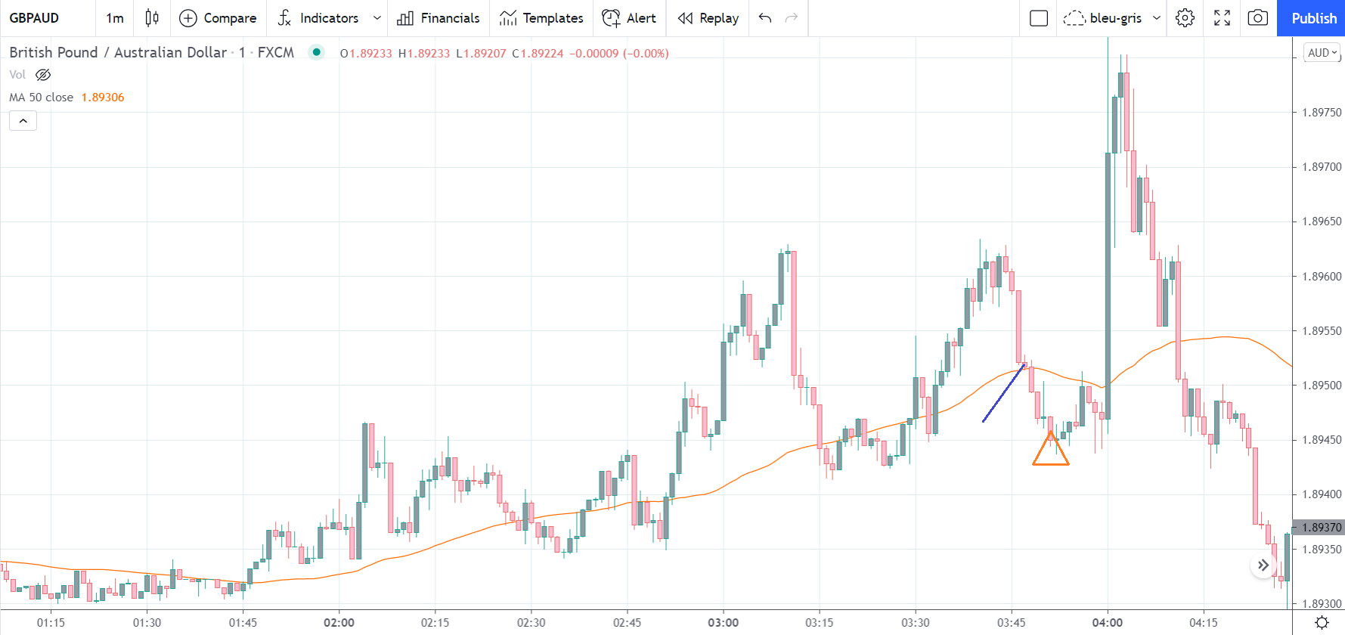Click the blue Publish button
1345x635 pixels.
1313,18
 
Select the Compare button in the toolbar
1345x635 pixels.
218,18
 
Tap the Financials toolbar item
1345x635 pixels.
439,18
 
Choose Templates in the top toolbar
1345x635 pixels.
541,18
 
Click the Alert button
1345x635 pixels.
629,18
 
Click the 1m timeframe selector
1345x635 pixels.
115,18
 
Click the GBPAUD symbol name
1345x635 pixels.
34,18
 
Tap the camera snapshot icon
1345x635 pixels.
1257,18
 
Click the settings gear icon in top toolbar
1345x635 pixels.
1185,18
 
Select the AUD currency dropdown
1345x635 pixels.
1322,53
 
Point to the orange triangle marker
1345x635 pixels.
1050,451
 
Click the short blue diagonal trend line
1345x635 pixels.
1003,393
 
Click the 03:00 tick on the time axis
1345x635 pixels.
723,623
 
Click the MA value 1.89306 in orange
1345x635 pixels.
103,98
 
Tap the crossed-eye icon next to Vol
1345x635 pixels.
43,75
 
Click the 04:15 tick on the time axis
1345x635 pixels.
1203,623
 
